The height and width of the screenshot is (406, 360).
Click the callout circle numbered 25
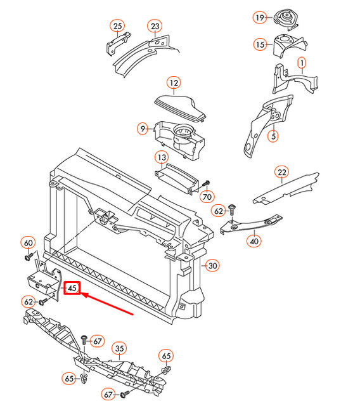pyautogui.click(x=117, y=26)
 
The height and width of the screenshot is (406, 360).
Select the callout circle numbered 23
pyautogui.click(x=155, y=26)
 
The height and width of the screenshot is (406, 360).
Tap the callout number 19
pyautogui.click(x=259, y=18)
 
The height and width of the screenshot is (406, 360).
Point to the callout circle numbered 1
pyautogui.click(x=301, y=63)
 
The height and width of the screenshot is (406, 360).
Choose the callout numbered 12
pyautogui.click(x=174, y=82)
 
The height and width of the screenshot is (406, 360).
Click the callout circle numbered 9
pyautogui.click(x=144, y=129)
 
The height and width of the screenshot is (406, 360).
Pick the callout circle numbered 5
pyautogui.click(x=273, y=135)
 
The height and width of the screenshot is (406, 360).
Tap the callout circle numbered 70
pyautogui.click(x=207, y=197)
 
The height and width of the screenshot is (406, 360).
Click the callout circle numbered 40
pyautogui.click(x=254, y=240)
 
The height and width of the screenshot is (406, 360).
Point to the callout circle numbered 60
pyautogui.click(x=28, y=242)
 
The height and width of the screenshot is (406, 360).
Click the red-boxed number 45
pyautogui.click(x=72, y=289)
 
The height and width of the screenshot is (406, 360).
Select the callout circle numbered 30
pyautogui.click(x=212, y=266)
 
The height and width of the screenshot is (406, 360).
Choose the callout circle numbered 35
pyautogui.click(x=119, y=348)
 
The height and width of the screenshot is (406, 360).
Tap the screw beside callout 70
pyautogui.click(x=207, y=183)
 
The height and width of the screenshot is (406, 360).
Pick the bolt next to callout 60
pyautogui.click(x=29, y=257)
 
